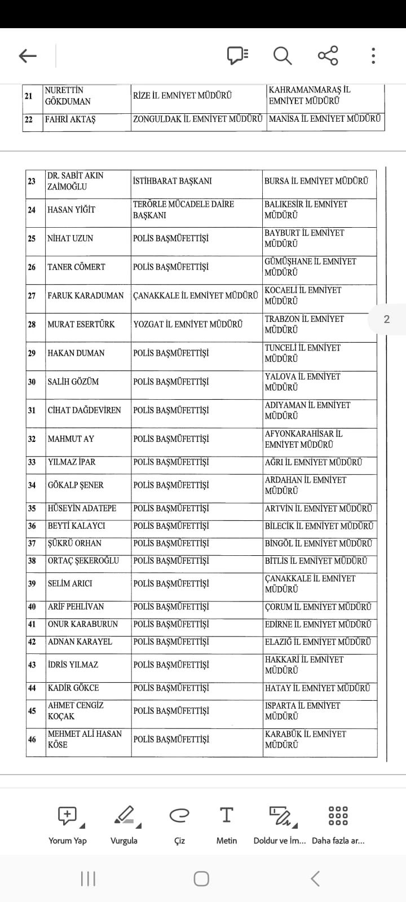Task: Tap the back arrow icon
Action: [28, 56]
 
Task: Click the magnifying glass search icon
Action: [282, 56]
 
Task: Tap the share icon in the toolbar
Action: [328, 55]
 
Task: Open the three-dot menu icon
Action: [373, 56]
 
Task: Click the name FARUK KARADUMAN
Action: [85, 295]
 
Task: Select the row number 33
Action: [32, 462]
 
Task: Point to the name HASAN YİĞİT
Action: [71, 210]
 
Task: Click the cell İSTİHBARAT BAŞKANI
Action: [173, 181]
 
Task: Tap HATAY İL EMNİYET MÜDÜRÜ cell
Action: [317, 688]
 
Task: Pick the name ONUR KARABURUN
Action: [83, 624]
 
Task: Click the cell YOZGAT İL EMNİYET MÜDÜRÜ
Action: [188, 324]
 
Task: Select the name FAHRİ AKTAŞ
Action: [70, 120]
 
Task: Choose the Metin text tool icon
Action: [226, 815]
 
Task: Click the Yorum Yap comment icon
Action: [68, 815]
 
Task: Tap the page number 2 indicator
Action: [387, 319]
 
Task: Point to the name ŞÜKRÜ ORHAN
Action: [74, 543]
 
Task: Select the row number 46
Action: [32, 739]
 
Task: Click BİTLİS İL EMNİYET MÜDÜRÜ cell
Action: [316, 561]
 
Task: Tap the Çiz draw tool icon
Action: [179, 815]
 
